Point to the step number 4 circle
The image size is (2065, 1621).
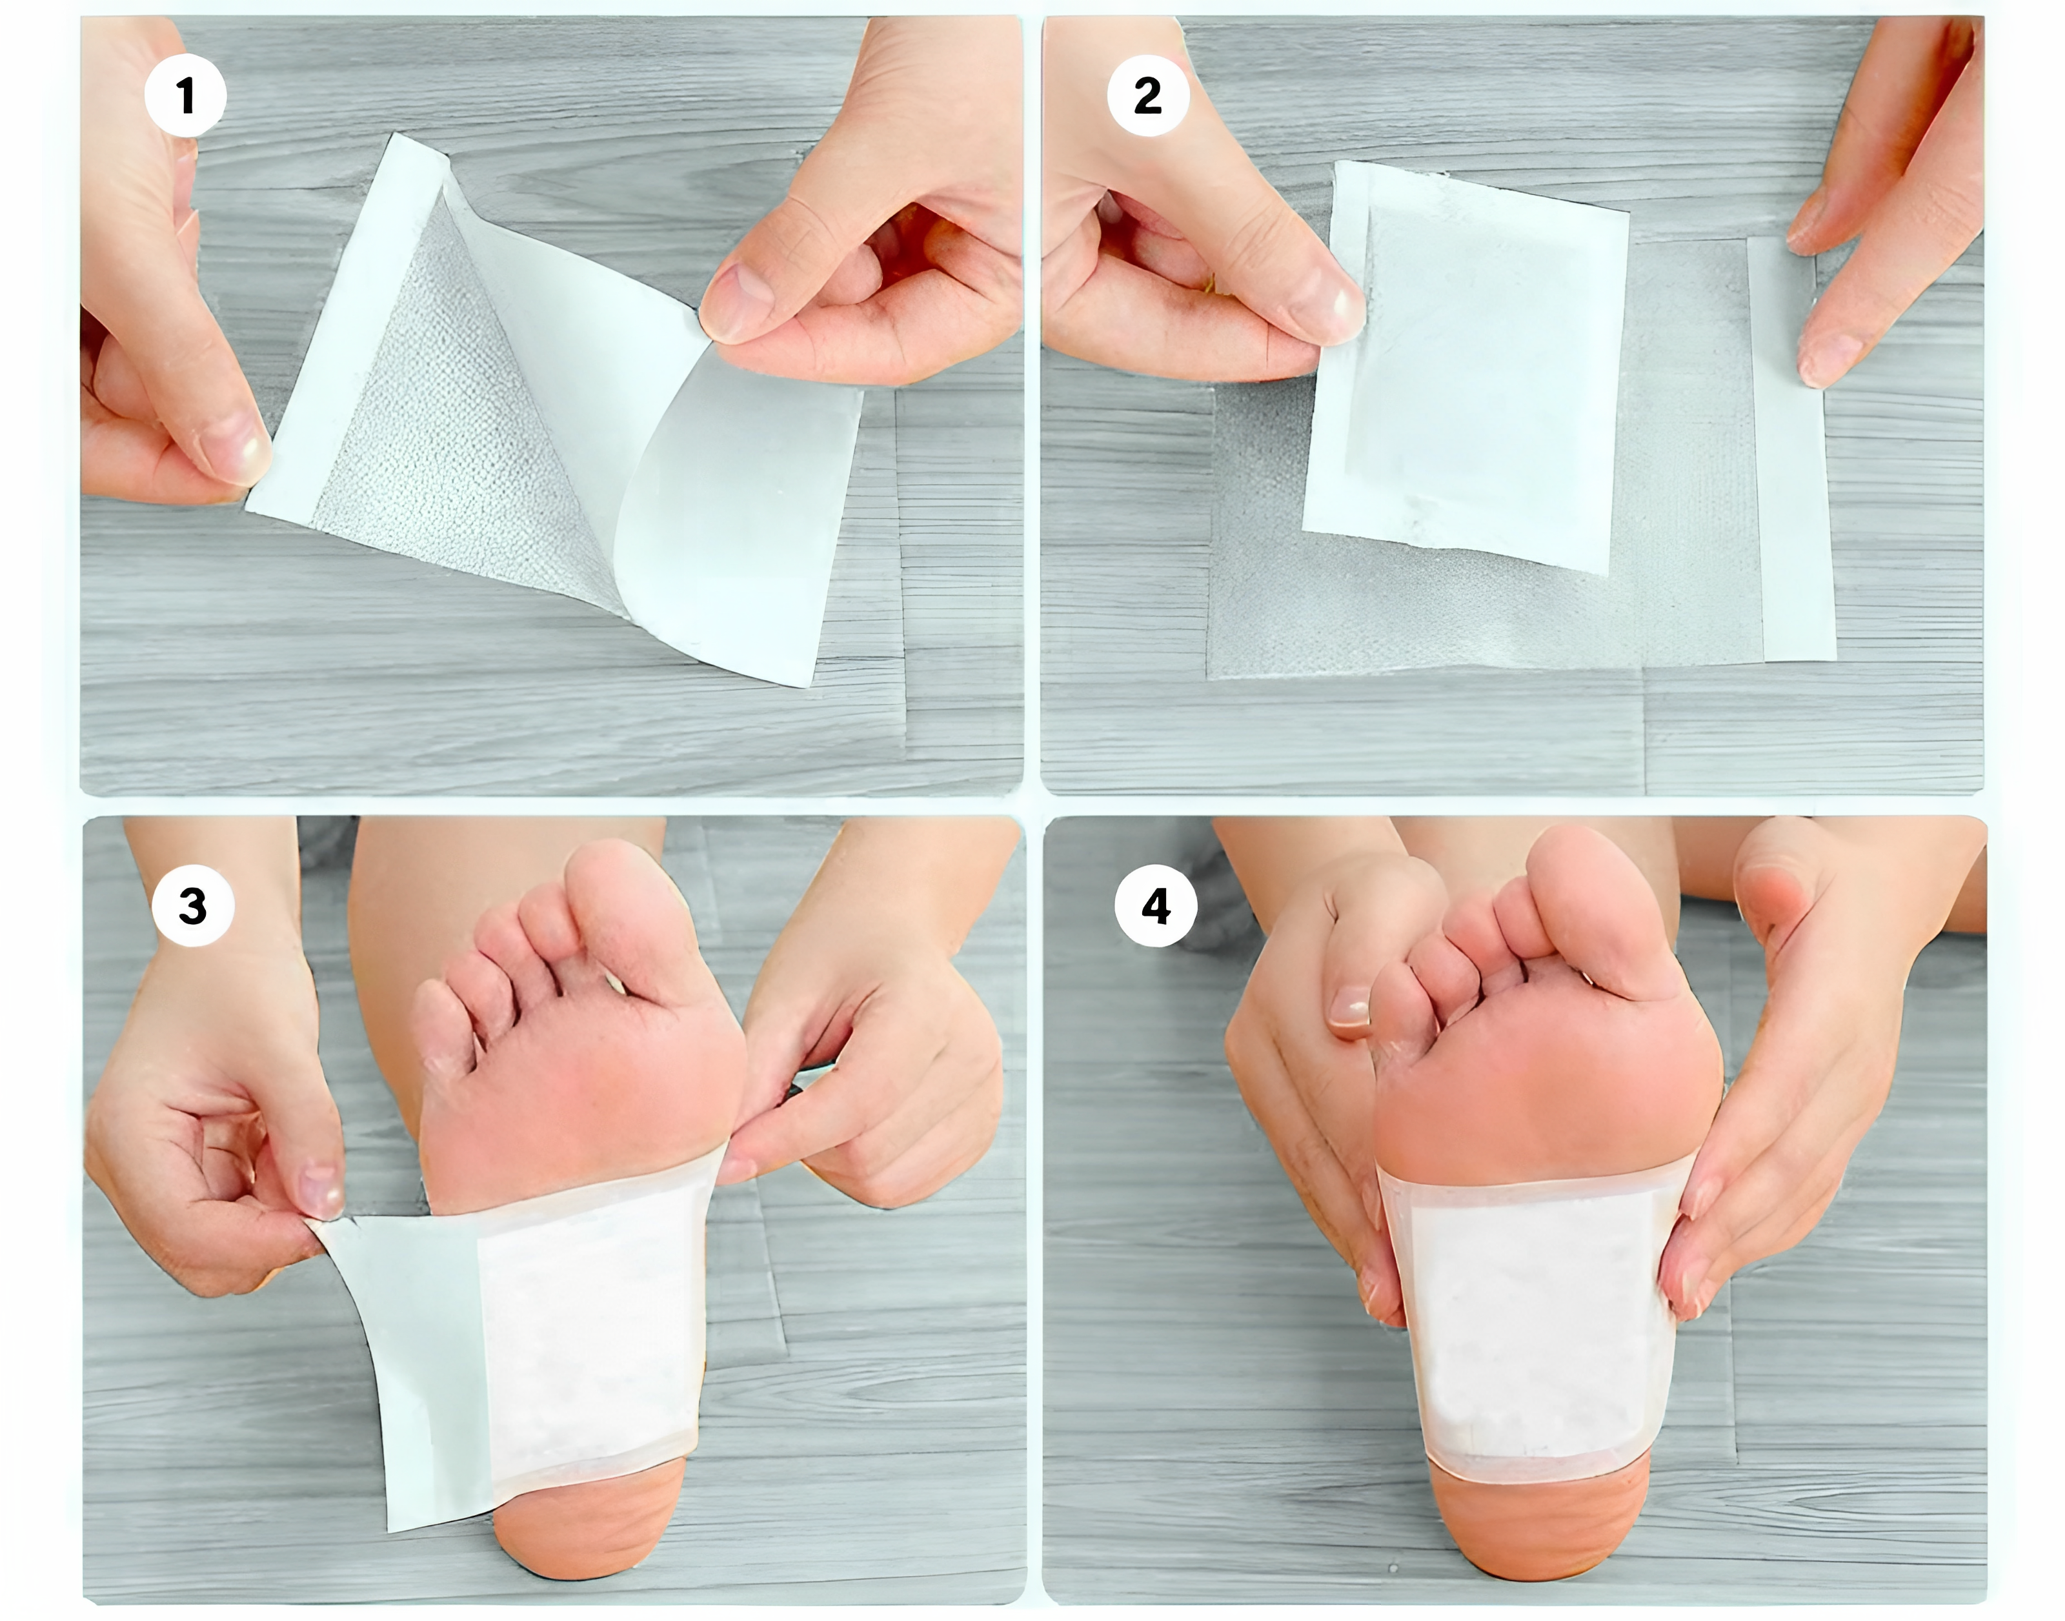tap(1156, 907)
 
